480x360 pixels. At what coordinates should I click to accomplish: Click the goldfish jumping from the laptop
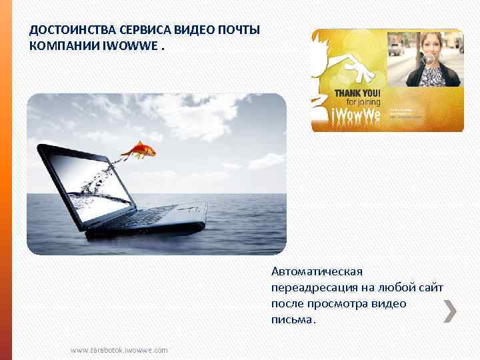pos(142,149)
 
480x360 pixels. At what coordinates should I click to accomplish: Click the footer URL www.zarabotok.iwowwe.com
pos(119,350)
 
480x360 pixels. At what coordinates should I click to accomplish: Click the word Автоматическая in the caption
pos(316,271)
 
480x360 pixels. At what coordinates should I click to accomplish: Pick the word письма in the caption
pos(292,319)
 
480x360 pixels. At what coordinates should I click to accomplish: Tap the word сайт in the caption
pos(431,287)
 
